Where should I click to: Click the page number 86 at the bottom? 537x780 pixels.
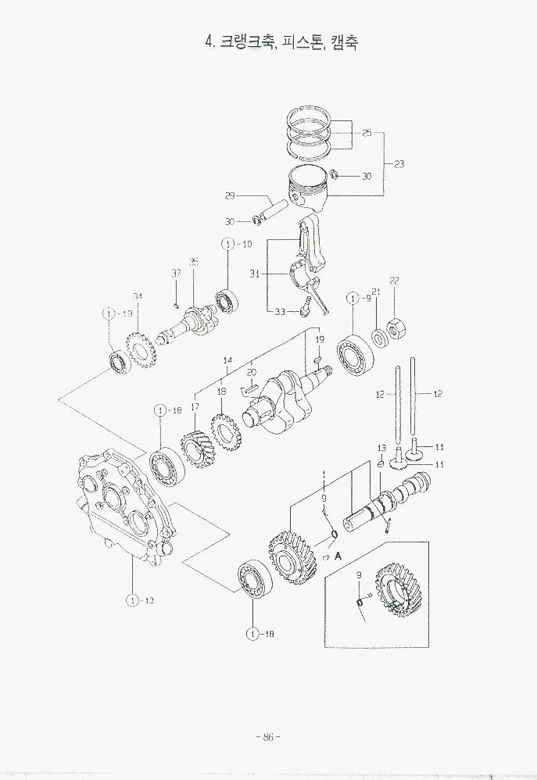267,736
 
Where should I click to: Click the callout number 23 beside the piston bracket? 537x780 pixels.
399,164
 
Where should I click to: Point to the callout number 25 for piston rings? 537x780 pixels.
367,134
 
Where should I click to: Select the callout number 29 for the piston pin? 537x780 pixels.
230,195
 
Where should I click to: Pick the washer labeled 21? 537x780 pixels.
378,338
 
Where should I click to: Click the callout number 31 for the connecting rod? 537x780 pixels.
254,274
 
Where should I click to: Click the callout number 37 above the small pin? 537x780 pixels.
177,273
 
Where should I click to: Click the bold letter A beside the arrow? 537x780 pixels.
338,556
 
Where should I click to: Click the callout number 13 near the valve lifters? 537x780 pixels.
382,447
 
